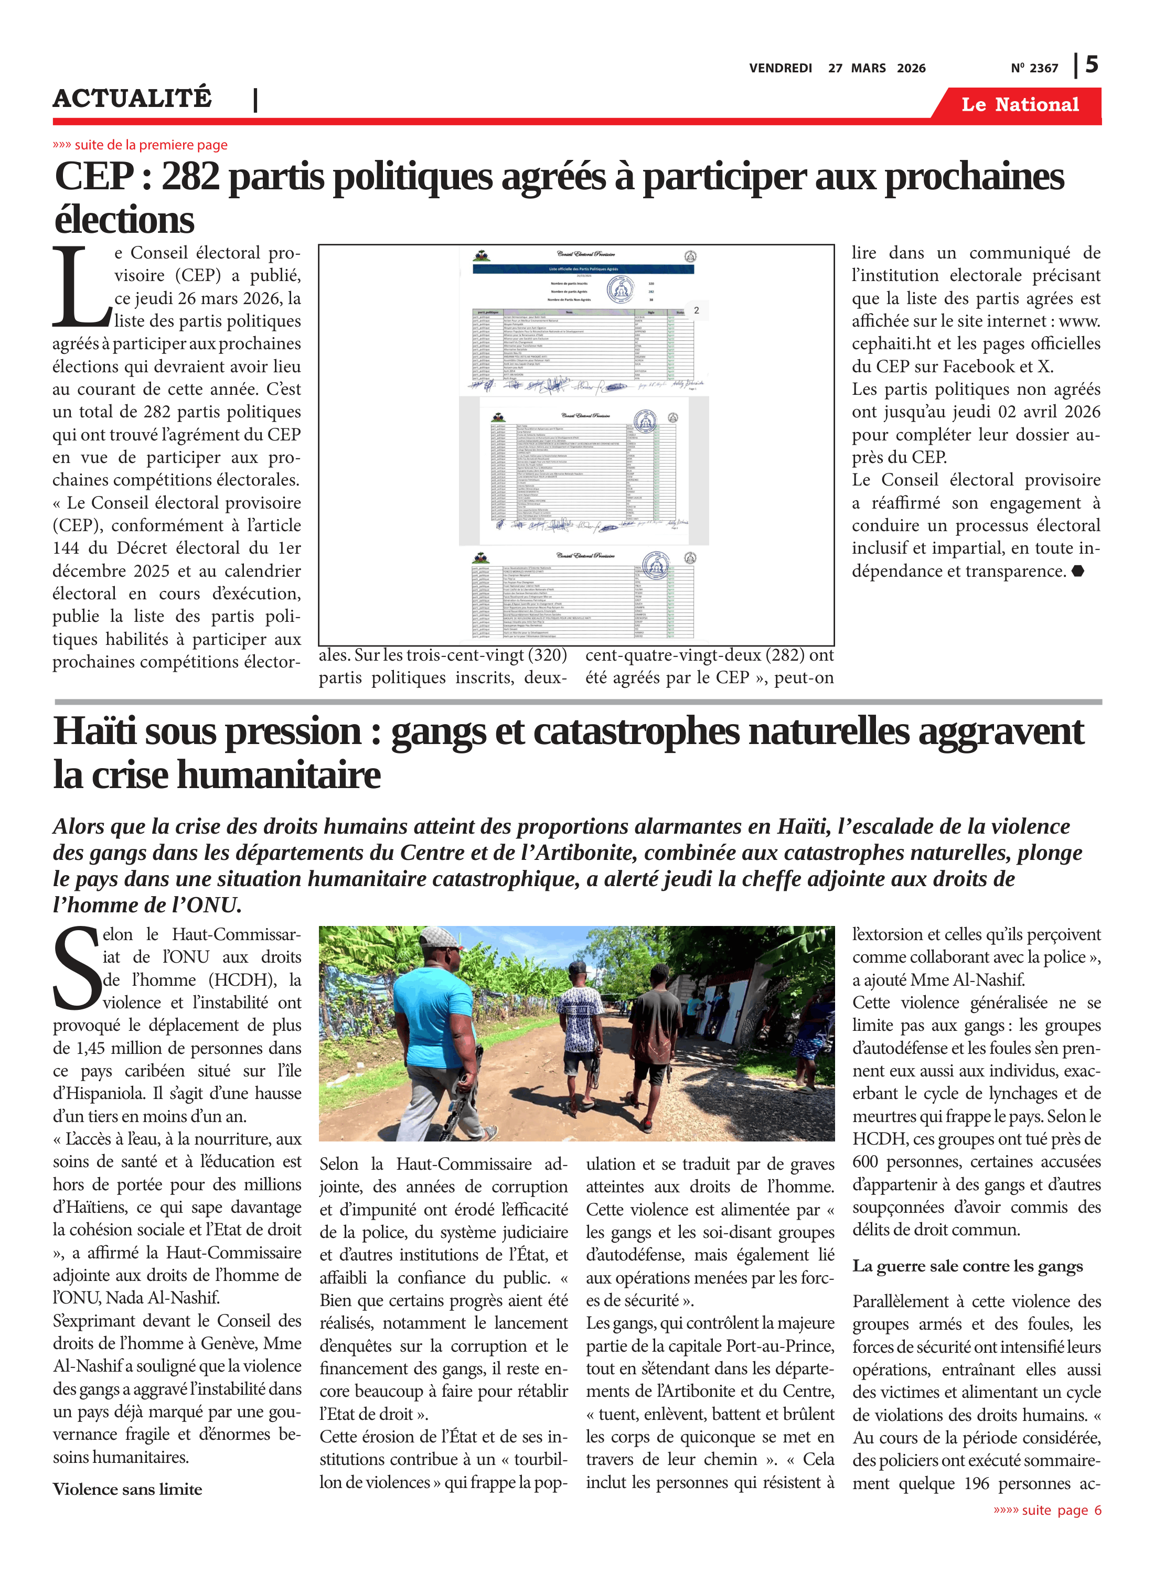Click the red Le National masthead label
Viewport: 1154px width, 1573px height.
pos(1019,105)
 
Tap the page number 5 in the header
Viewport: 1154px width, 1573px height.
pos(1091,65)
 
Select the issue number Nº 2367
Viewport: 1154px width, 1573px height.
pos(1034,68)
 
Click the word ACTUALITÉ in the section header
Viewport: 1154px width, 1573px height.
pos(132,99)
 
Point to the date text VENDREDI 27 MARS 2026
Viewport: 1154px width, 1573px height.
pos(837,68)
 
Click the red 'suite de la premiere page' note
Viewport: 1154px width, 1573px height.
pos(141,145)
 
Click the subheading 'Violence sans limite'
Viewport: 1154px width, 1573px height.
pos(127,1489)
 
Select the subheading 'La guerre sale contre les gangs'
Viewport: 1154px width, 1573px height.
pos(967,1266)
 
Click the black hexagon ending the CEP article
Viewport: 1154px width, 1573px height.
pos(1078,571)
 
